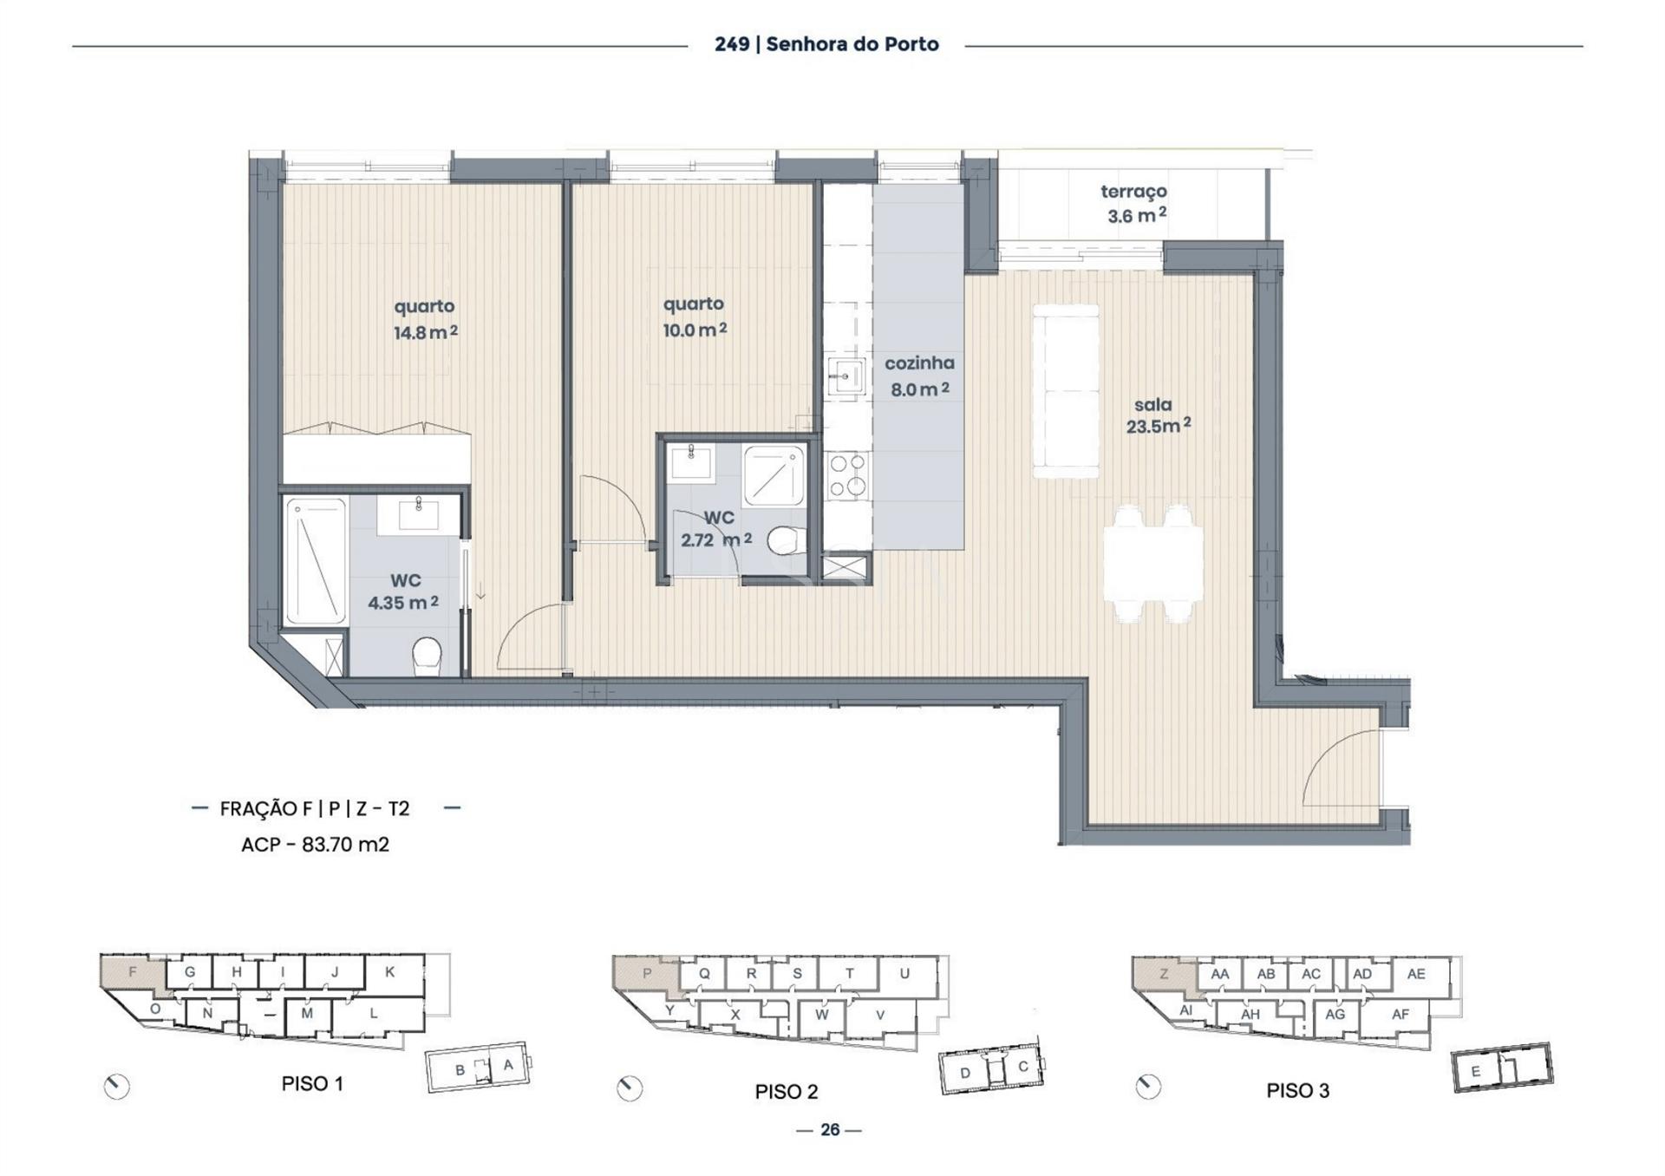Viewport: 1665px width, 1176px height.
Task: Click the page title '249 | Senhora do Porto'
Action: point(826,44)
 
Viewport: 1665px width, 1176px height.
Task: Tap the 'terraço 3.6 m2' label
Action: point(1134,204)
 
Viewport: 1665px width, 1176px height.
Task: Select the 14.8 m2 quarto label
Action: point(425,319)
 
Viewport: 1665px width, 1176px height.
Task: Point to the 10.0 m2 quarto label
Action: point(694,317)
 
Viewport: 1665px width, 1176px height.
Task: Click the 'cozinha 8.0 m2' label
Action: point(919,376)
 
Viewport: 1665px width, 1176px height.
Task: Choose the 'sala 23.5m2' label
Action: point(1157,415)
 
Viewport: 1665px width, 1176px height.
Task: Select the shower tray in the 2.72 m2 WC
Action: point(774,475)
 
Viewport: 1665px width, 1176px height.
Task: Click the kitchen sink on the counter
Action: point(846,377)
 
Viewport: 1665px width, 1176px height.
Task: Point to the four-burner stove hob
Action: point(847,475)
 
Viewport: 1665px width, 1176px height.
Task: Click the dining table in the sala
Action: point(1152,563)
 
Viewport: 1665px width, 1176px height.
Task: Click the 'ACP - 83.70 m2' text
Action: point(315,845)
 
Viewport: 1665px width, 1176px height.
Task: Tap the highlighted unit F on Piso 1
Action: point(132,973)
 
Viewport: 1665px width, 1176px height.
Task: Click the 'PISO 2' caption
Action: point(786,1092)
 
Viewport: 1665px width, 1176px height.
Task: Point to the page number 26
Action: point(830,1130)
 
